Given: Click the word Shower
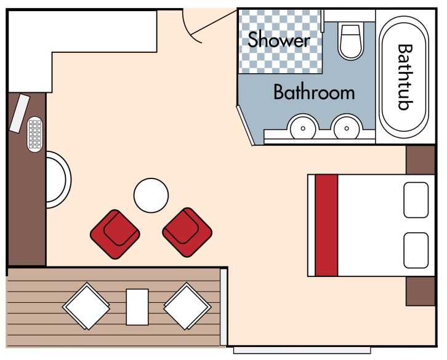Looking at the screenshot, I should [x=278, y=41].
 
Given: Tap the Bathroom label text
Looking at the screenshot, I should [x=314, y=93].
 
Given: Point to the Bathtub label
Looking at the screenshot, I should [x=404, y=76].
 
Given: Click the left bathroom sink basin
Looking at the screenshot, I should [x=303, y=128].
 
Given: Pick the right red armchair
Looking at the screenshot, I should [x=187, y=232].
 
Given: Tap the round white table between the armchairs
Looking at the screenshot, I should [x=151, y=196].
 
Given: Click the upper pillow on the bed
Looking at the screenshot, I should [x=416, y=200].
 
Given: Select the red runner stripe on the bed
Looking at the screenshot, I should [x=326, y=225].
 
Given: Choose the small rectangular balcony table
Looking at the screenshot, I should [x=137, y=306].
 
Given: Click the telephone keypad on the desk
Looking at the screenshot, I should [x=35, y=134].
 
